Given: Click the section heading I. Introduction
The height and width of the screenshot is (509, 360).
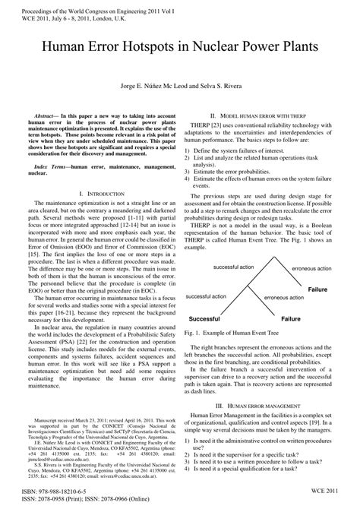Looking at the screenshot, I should click(100, 174).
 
